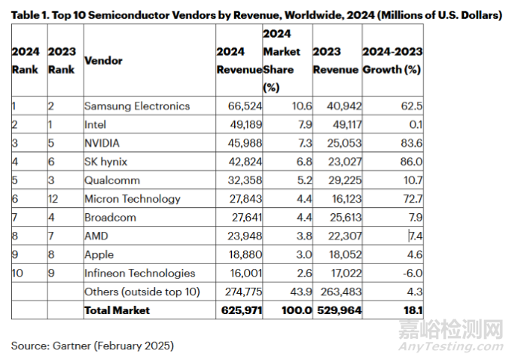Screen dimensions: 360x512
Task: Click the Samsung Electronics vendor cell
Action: [x=137, y=105]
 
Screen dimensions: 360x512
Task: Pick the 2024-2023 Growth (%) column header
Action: [x=392, y=59]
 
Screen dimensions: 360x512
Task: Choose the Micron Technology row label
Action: [x=133, y=199]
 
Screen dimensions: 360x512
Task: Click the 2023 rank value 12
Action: [x=54, y=199]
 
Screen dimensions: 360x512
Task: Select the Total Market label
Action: [x=117, y=310]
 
